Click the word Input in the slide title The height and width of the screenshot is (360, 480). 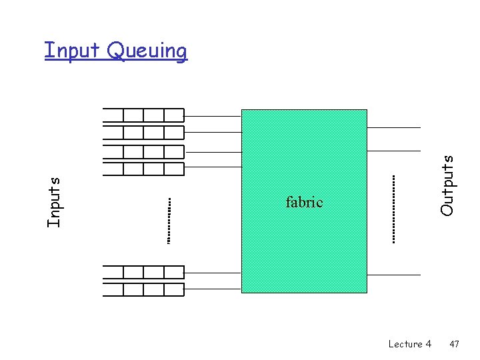pos(72,50)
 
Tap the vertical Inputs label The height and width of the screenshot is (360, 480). pos(55,201)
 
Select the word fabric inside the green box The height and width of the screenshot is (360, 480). pos(304,202)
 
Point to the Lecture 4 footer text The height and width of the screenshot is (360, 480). pos(409,344)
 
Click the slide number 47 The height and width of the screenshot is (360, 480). pos(454,344)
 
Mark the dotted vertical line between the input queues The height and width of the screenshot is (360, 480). pos(169,220)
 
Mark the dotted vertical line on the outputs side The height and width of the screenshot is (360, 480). pos(393,208)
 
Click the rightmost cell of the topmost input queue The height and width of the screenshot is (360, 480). pos(173,115)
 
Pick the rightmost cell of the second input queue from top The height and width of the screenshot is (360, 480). pos(173,133)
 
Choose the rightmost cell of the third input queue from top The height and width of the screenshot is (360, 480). pos(173,151)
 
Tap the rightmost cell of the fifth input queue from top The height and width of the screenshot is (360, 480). pos(173,272)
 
